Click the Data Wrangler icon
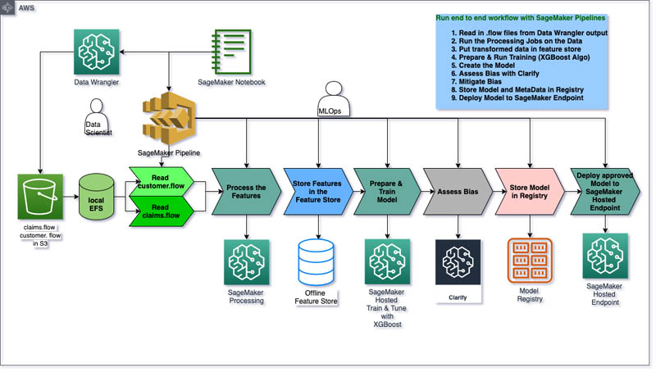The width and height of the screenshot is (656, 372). coord(97,51)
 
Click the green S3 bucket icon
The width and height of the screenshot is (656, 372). coord(40,197)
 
